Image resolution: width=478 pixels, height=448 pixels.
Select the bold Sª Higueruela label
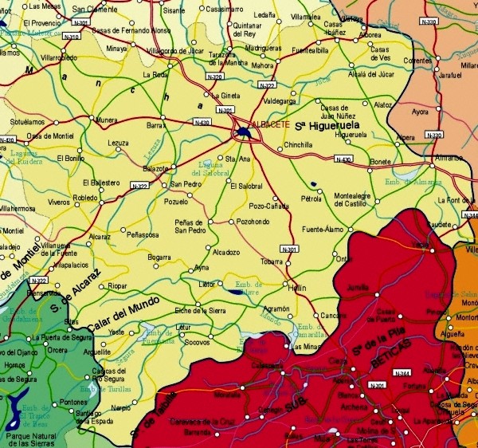click(323, 126)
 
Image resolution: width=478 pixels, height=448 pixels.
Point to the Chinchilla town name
click(298, 145)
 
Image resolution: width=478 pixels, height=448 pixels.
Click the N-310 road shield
click(71, 37)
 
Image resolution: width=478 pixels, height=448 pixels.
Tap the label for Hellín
click(296, 287)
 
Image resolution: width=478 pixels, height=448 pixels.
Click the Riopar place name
click(117, 285)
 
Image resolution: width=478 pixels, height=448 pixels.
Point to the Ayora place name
click(419, 112)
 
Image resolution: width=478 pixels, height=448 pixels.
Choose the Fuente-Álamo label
click(322, 230)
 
